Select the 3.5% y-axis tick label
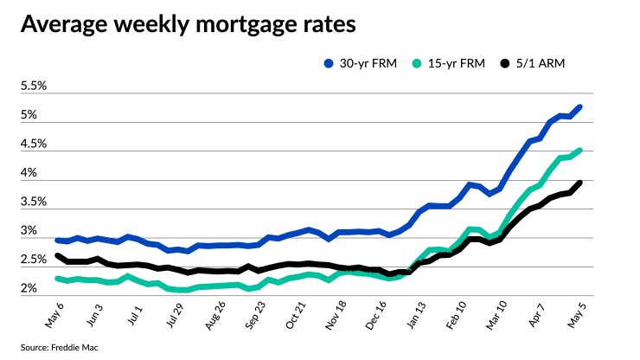[34, 202]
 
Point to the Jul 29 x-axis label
[175, 317]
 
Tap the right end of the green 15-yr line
[579, 150]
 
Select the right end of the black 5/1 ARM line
[579, 183]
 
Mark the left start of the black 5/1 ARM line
[57, 255]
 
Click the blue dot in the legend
[329, 64]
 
